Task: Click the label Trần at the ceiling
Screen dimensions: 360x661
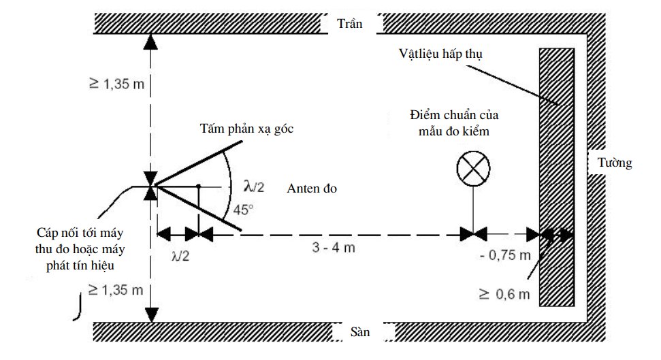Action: pyautogui.click(x=350, y=24)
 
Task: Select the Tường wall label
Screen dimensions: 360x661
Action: pyautogui.click(x=614, y=163)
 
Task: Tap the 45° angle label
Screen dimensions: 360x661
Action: pyautogui.click(x=243, y=210)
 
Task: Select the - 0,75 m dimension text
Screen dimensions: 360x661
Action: pyautogui.click(x=504, y=256)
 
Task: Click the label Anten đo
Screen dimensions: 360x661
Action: pyautogui.click(x=312, y=189)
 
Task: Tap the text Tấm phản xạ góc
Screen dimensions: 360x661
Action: pyautogui.click(x=246, y=129)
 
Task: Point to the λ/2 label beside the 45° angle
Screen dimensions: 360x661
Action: pyautogui.click(x=253, y=185)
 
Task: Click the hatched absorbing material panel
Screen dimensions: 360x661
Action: pyautogui.click(x=558, y=177)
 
